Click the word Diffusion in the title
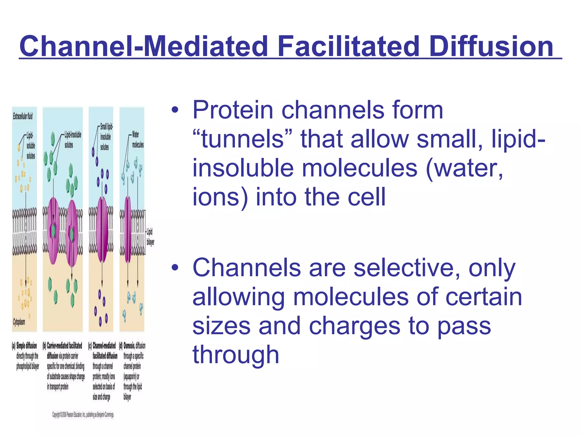[x=491, y=46]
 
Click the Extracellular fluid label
[x=23, y=116]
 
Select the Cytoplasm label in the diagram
[x=19, y=322]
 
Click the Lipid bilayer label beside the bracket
[x=150, y=237]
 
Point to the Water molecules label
[x=138, y=139]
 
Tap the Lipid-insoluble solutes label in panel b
[x=73, y=140]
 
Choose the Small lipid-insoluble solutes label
[x=106, y=137]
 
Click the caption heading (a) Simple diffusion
[x=25, y=346]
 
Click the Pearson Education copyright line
[x=83, y=415]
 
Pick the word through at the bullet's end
[x=235, y=355]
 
